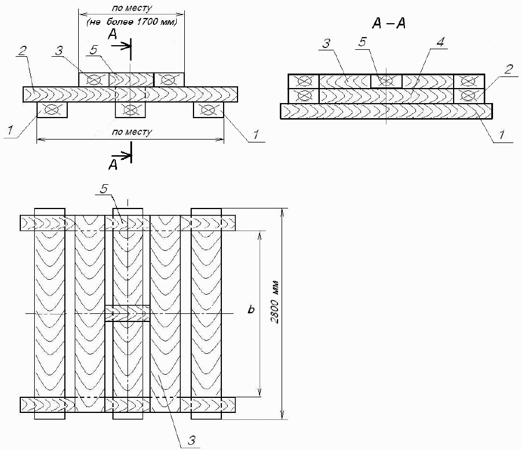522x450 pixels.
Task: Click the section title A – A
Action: click(x=389, y=23)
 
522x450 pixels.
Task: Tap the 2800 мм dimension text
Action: click(x=275, y=303)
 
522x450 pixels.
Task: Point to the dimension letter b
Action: click(x=251, y=309)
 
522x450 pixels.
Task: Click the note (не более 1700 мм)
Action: click(x=132, y=22)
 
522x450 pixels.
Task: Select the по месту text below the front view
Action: click(x=132, y=132)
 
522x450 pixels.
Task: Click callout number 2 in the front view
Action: click(x=23, y=50)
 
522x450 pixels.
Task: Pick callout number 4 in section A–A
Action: click(x=440, y=42)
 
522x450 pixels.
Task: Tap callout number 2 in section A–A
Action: click(x=508, y=69)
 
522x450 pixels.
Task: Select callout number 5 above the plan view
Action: click(x=104, y=189)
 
